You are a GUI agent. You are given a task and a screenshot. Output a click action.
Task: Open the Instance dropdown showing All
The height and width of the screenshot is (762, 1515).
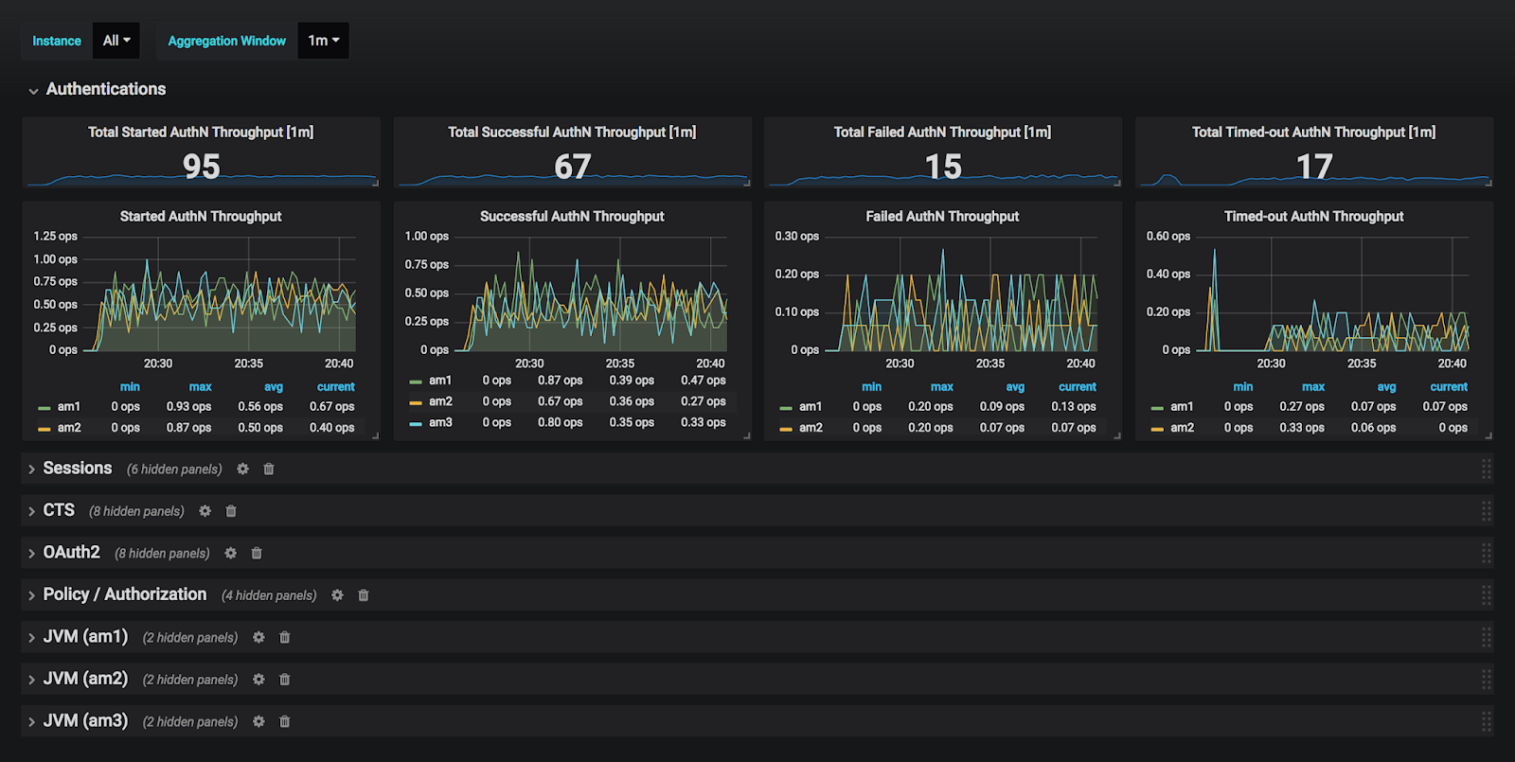tap(116, 41)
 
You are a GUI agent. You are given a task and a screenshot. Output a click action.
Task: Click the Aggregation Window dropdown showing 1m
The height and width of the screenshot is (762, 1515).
tap(323, 41)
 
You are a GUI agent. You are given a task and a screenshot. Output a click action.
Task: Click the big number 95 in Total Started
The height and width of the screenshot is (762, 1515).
tap(201, 167)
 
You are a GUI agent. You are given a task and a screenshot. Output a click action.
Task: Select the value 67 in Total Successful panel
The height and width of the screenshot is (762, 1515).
tap(572, 167)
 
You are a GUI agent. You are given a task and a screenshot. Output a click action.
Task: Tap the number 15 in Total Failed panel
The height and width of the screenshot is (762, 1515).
tap(943, 167)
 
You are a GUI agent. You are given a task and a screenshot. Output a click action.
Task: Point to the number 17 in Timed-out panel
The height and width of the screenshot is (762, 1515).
tap(1314, 167)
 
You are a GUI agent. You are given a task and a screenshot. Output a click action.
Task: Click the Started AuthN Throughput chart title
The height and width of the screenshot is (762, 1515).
tap(201, 216)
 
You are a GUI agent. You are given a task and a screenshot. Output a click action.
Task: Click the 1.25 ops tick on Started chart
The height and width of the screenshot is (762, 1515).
tap(56, 237)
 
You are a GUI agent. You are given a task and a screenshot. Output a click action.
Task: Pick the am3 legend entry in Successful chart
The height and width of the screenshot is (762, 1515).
tap(440, 422)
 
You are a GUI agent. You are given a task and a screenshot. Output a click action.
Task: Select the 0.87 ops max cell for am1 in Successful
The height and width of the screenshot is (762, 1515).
tap(561, 381)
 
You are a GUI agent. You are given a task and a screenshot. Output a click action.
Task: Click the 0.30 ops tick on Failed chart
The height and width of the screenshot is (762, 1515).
tap(797, 237)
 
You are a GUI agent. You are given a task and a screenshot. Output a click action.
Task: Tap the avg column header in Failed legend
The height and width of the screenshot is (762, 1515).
tap(1015, 387)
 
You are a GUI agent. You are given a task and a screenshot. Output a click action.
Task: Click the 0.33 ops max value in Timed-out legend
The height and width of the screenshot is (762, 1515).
tap(1302, 428)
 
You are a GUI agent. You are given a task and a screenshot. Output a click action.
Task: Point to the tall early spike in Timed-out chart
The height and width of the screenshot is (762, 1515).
tap(1215, 254)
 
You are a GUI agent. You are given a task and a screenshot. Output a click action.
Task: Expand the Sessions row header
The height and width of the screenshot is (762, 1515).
tap(78, 469)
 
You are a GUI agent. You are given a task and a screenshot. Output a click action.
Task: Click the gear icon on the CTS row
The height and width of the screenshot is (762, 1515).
tap(205, 511)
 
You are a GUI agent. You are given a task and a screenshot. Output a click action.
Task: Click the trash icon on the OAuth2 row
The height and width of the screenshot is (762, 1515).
tap(257, 553)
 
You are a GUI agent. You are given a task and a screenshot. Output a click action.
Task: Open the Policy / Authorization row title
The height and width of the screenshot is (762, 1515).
tap(125, 594)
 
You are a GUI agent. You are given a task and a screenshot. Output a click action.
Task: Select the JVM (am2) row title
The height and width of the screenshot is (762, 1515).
tap(85, 679)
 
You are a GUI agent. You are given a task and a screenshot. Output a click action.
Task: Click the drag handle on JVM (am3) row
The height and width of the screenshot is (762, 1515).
tap(1486, 721)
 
